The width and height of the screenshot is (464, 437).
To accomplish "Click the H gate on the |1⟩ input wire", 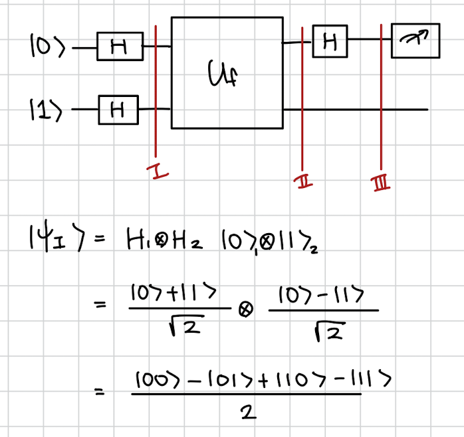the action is coord(118,108).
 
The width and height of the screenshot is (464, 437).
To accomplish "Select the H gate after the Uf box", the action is coord(330,43).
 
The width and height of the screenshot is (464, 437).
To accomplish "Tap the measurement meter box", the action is coord(415,41).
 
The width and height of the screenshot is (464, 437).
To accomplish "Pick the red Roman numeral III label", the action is coord(381,181).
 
